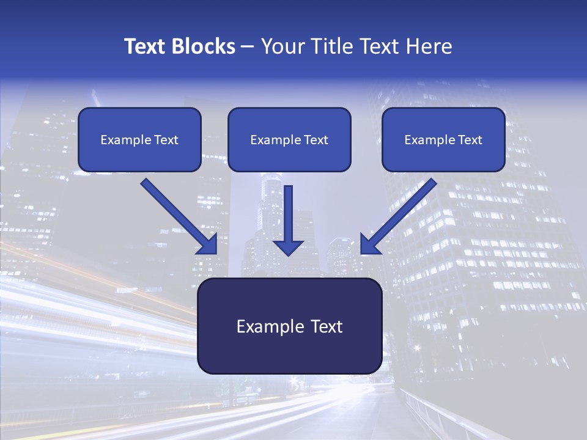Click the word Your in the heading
click(x=281, y=46)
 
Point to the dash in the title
click(x=248, y=46)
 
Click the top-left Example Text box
click(x=139, y=140)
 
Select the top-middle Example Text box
click(x=289, y=140)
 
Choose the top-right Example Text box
click(x=443, y=140)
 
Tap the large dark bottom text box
click(x=289, y=326)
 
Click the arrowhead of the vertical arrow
click(x=288, y=247)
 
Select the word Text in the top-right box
click(x=470, y=140)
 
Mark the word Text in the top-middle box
click(x=316, y=140)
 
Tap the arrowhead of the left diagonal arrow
click(x=209, y=245)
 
